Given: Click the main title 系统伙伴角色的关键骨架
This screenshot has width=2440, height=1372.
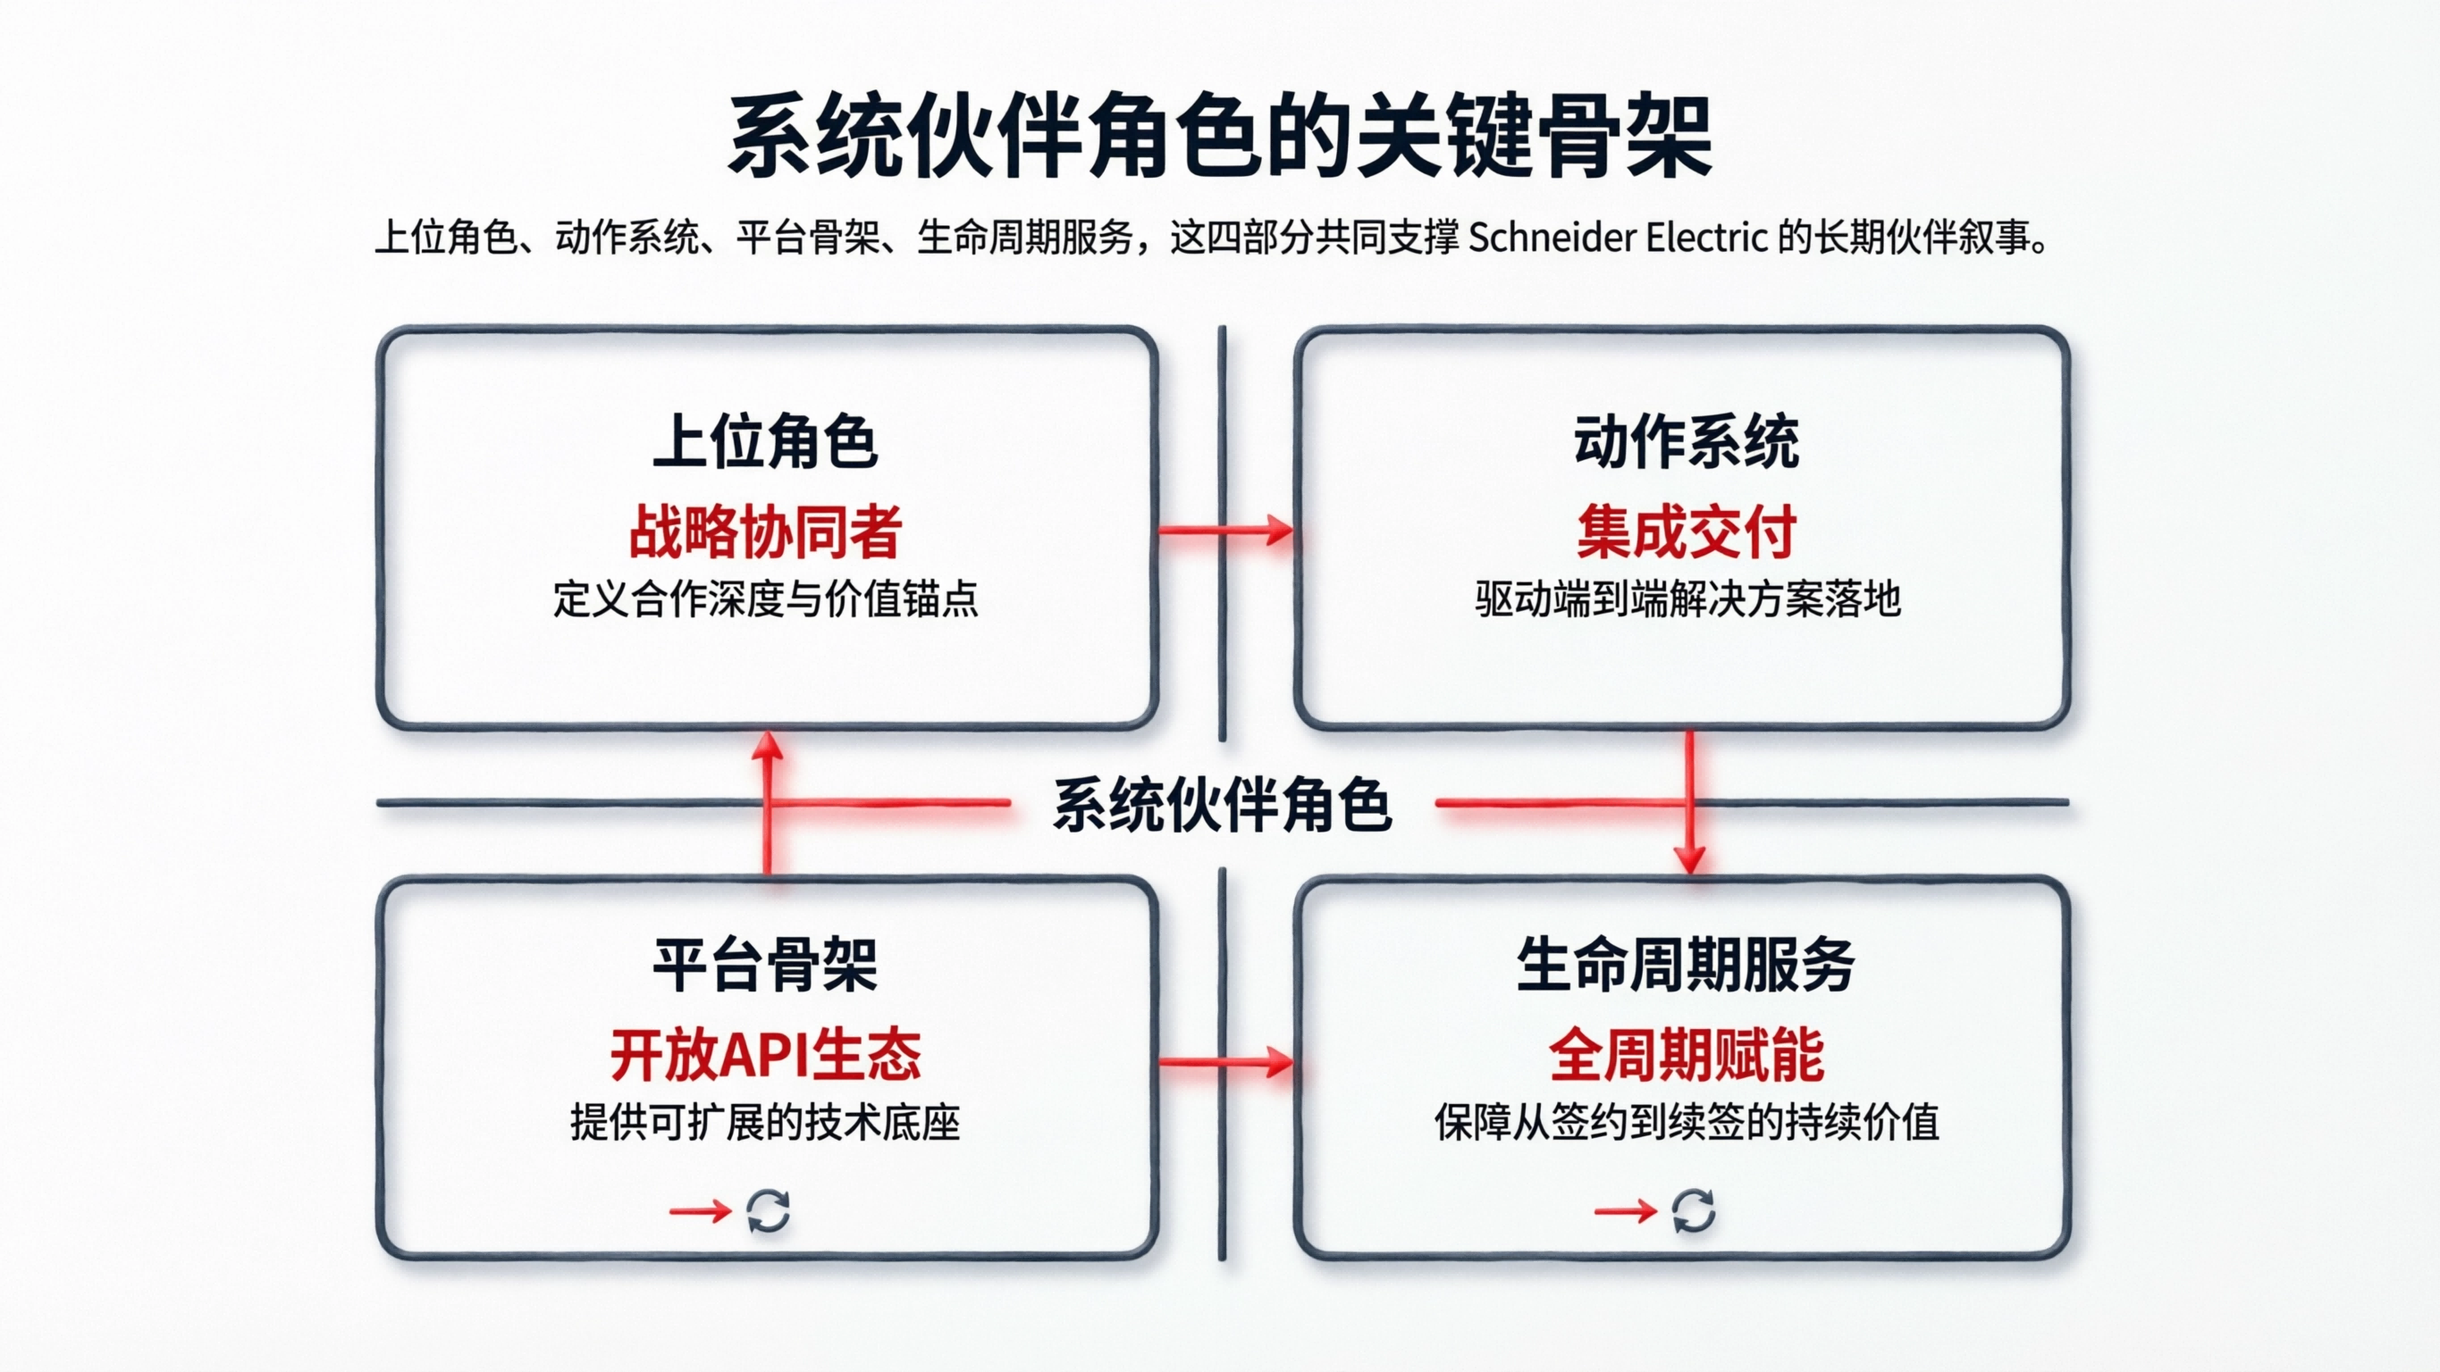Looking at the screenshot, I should tap(1220, 136).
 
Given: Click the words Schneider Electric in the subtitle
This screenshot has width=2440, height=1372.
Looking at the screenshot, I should tap(1618, 238).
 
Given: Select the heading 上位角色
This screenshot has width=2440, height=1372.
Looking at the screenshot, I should tap(765, 441).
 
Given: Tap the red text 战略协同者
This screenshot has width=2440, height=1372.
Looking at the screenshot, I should tap(765, 532).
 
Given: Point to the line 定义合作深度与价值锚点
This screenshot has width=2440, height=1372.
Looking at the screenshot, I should tap(765, 599).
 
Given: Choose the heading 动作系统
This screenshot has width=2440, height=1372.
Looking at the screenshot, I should tap(1686, 441).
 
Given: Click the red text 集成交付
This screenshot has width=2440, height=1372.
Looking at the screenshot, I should tap(1686, 532).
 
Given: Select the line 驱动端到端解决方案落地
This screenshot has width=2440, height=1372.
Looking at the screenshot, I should tap(1687, 599).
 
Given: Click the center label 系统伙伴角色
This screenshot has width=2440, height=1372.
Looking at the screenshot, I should tap(1222, 805).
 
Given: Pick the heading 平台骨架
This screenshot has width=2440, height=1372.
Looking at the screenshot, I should tap(765, 965).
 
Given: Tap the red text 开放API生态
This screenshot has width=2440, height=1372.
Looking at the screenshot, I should tap(765, 1055).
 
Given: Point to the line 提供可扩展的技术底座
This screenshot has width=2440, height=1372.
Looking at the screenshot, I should tap(765, 1123).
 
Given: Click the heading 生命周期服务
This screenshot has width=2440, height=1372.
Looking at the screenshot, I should tap(1686, 965).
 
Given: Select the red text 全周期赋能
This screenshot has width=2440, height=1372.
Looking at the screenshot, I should tap(1686, 1055).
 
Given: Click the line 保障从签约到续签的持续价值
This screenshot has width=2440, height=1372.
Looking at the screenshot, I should tap(1687, 1123).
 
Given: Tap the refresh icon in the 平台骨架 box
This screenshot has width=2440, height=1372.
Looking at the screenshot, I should tap(768, 1211).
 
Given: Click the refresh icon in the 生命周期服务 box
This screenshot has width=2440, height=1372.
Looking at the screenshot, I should tap(1693, 1211).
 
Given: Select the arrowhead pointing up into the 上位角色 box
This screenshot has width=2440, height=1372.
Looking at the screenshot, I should tap(767, 747).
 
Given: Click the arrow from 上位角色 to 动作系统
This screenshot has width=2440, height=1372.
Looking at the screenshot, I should tap(1225, 531).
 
